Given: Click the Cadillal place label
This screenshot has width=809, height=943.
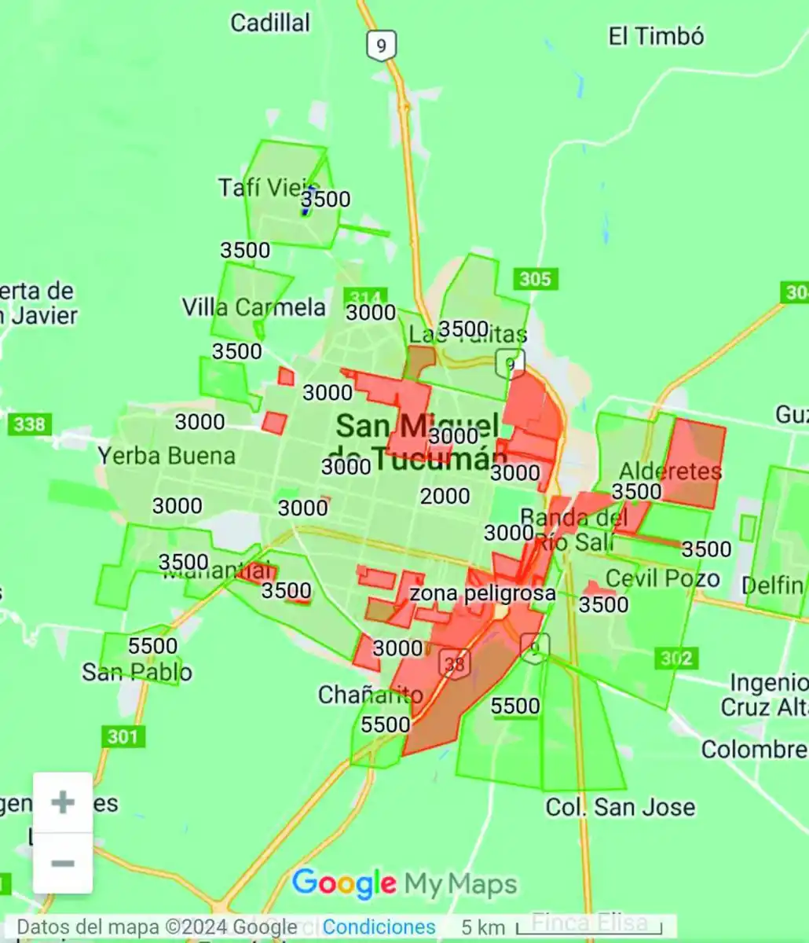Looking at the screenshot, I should point(270,23).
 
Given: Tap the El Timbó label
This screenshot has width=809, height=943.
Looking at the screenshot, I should point(656,36).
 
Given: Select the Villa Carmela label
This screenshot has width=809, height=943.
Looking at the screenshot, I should point(254,307).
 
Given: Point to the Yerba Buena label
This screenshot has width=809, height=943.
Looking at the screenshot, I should point(167,456).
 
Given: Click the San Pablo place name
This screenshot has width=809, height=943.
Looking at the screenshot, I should point(137,672).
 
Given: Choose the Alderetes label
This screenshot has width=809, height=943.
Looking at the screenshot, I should point(670,472).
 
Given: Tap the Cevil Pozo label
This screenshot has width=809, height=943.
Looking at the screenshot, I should point(663,579).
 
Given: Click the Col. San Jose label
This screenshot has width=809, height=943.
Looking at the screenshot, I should point(620,807).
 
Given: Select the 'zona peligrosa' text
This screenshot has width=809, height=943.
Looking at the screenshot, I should point(482,593).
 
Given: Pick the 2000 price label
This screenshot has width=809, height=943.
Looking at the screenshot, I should point(445,496).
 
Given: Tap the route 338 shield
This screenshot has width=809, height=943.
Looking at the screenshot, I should point(30,424).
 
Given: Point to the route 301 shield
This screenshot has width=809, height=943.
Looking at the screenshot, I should point(123,736).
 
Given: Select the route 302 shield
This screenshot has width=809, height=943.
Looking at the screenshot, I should point(676,658).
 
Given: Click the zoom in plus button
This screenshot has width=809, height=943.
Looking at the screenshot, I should point(63,802).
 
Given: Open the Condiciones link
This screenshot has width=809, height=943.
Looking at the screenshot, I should point(379,927).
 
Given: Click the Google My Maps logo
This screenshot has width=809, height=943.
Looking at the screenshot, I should point(404,884).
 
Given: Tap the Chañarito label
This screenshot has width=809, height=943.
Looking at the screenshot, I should point(370,695).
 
